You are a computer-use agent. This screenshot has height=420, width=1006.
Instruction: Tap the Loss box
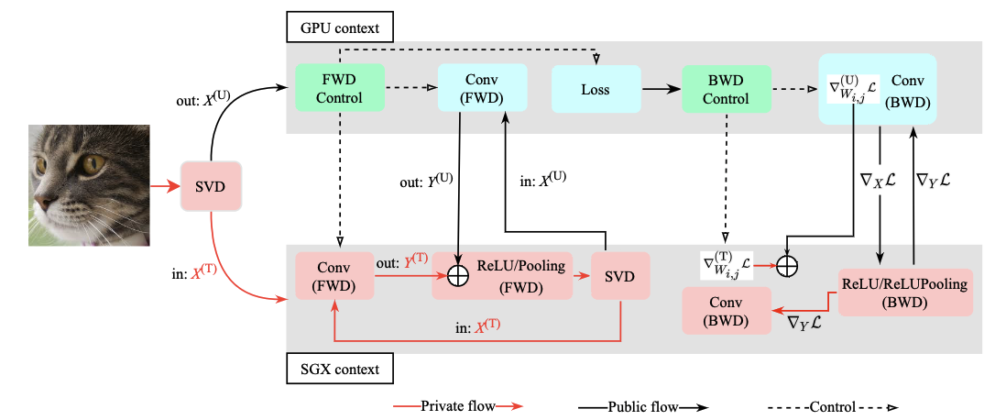click(x=595, y=89)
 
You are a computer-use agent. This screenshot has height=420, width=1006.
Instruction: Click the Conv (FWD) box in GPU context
click(x=482, y=89)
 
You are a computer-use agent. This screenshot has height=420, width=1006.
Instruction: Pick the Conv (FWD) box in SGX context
click(x=334, y=276)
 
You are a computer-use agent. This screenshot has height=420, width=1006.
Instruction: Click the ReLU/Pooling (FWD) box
click(x=518, y=276)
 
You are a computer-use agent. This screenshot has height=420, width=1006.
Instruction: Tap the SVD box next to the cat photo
click(x=211, y=186)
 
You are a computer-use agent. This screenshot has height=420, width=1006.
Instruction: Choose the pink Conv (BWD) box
click(x=726, y=310)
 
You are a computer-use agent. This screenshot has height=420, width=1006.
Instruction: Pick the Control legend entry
click(x=829, y=405)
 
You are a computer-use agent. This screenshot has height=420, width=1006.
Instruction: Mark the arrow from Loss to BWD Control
click(x=659, y=89)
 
